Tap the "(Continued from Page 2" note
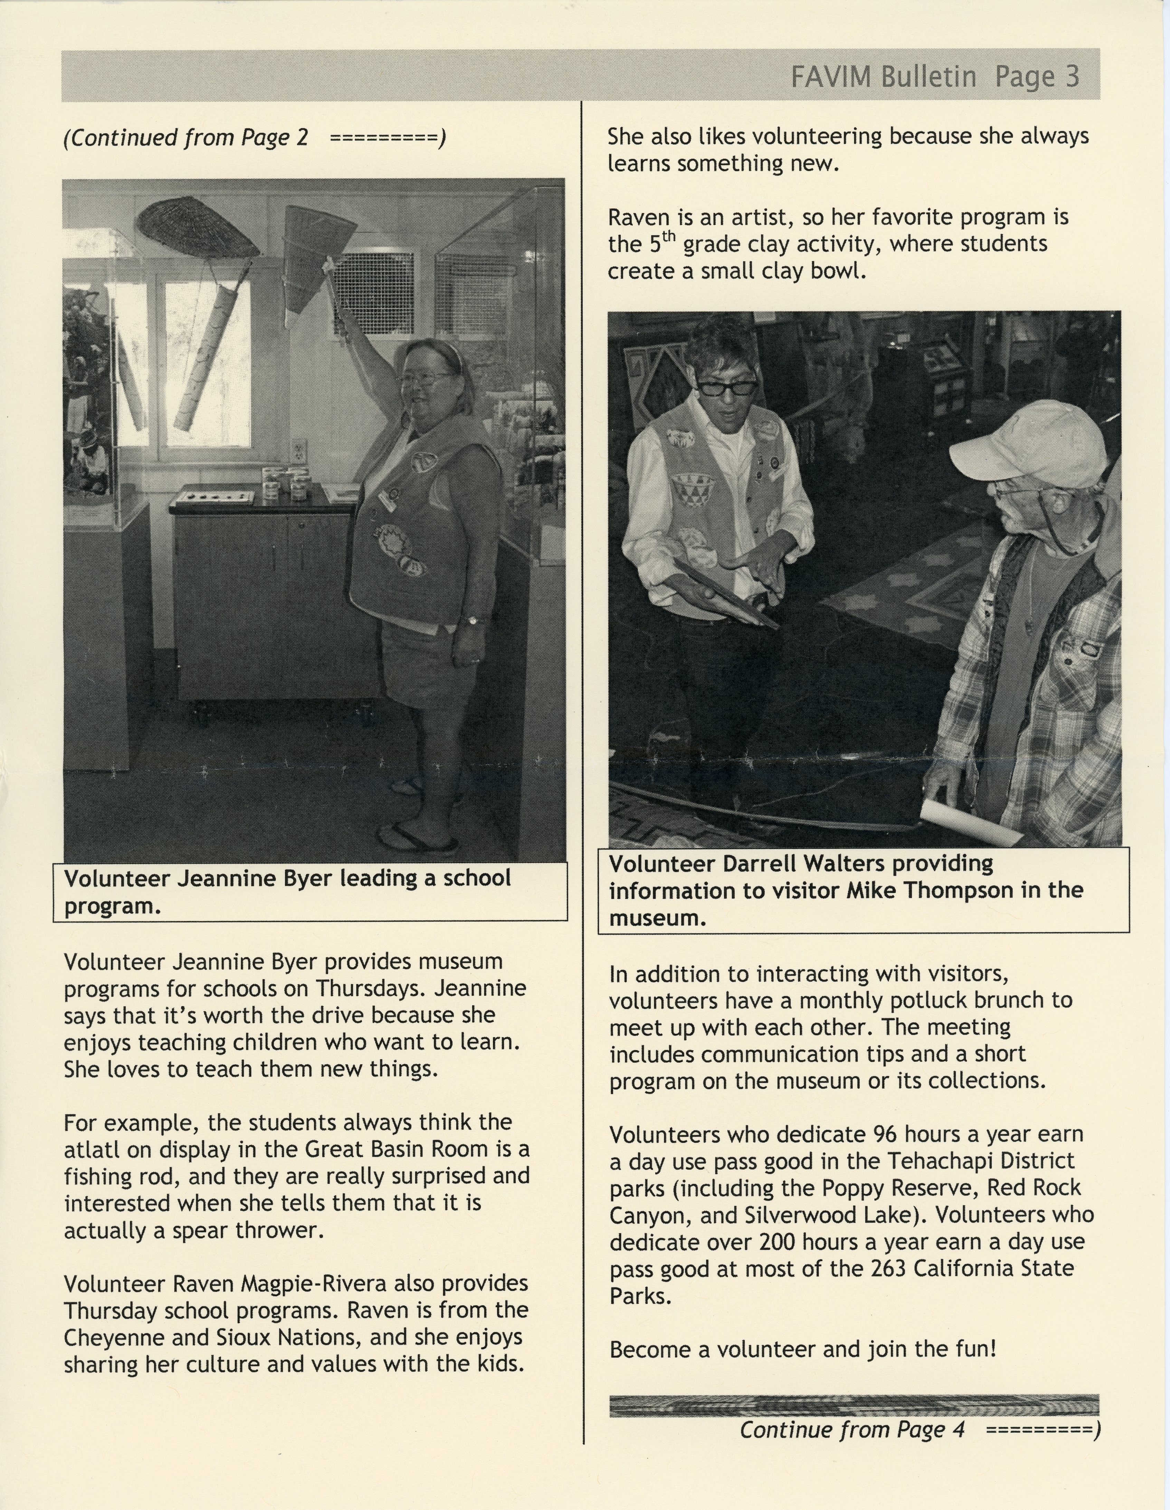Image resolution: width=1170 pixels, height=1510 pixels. (x=185, y=137)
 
